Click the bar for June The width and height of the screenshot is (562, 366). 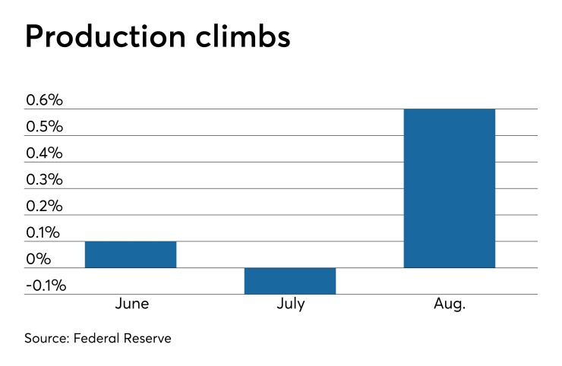[131, 254]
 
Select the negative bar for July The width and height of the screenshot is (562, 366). [290, 281]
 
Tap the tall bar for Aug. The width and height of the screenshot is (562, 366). [450, 188]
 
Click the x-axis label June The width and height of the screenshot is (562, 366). [131, 304]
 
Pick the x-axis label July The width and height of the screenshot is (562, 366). [291, 304]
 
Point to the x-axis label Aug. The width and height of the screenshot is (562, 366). [450, 304]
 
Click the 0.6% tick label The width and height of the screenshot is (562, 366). [45, 100]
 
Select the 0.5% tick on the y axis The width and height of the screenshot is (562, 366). [45, 127]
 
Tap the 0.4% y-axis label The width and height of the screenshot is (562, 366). [45, 153]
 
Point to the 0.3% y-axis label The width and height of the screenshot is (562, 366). [45, 180]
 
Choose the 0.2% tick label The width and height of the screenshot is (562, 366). [45, 207]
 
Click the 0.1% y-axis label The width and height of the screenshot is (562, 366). [45, 233]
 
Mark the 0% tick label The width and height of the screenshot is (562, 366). [38, 260]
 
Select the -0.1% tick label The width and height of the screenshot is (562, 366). [46, 286]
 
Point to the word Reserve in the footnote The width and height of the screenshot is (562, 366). [149, 339]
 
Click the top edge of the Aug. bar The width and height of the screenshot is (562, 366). [450, 109]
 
